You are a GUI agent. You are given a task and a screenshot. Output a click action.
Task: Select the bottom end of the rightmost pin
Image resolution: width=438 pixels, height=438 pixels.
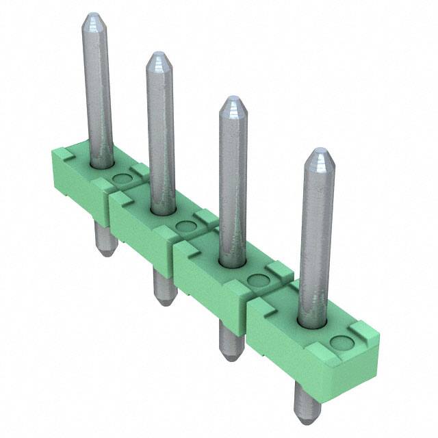tap(307, 416)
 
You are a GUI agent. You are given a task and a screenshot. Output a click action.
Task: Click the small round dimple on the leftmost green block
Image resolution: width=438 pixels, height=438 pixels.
tap(121, 180)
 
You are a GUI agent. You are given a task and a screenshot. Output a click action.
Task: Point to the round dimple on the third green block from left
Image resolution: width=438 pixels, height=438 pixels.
tap(257, 280)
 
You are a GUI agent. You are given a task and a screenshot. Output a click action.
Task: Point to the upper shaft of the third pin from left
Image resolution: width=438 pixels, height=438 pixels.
tap(233, 178)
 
